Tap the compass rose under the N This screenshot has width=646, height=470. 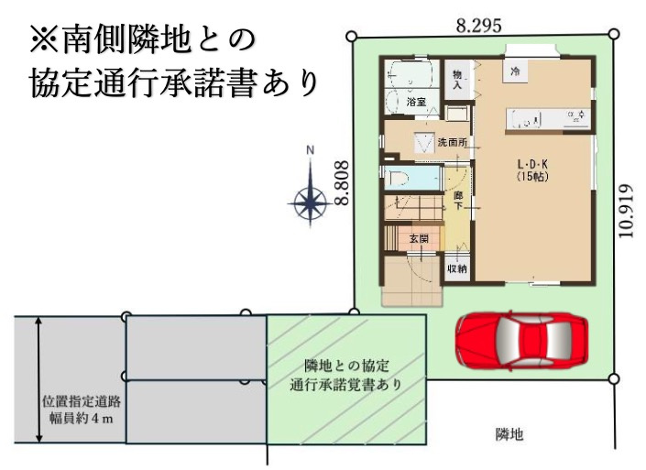point(311,199)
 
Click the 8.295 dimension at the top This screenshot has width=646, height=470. point(479,27)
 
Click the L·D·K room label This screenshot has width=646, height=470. point(532,164)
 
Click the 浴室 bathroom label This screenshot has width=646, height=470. point(416,103)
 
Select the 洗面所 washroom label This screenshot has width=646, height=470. point(453,143)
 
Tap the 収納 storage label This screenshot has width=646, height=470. point(456,269)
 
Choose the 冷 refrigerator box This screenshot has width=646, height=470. point(516,70)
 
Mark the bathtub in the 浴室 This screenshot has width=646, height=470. point(406,72)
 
